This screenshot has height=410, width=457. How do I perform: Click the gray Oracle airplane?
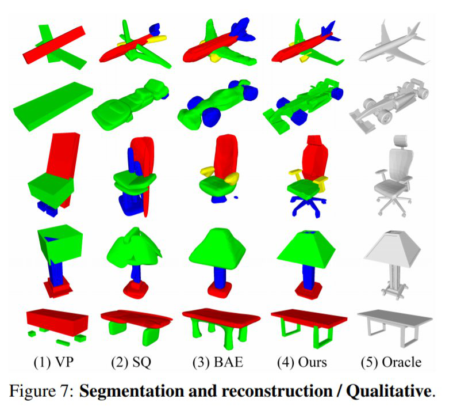pos(391,44)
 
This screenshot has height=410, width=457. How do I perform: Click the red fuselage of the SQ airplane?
pos(124,51)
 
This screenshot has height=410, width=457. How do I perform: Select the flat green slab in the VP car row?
pos(52,104)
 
